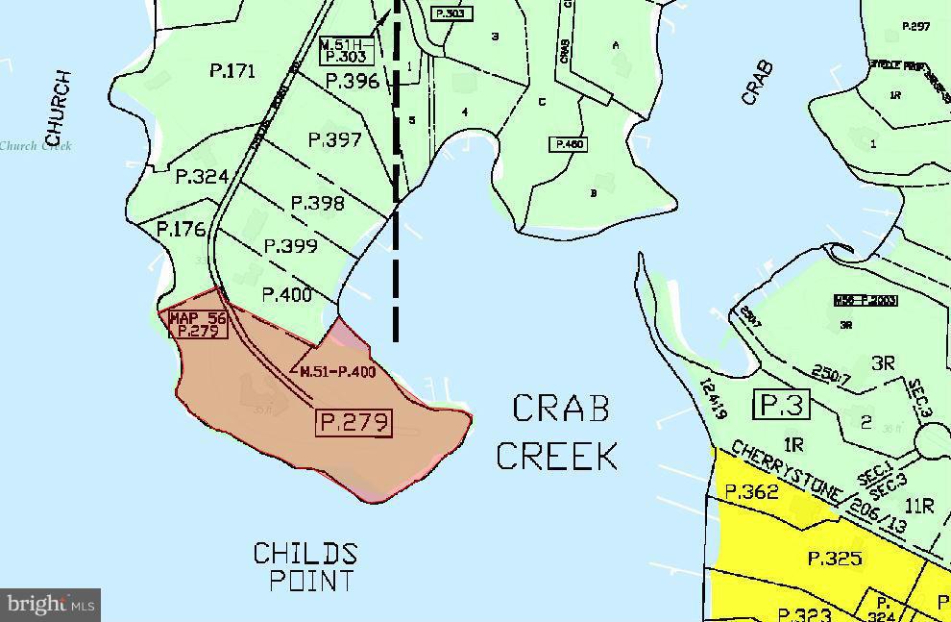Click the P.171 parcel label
(x=232, y=70)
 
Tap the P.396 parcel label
(x=353, y=82)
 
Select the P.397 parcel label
(x=335, y=140)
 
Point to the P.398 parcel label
(x=317, y=203)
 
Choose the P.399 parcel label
(x=290, y=246)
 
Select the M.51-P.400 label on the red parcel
(x=337, y=372)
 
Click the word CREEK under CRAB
(x=556, y=456)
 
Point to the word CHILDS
(x=305, y=554)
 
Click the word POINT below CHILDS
(x=311, y=581)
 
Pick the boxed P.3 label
(x=781, y=406)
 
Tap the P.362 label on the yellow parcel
(x=752, y=491)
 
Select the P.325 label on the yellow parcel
(x=834, y=559)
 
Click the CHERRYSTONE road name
(x=786, y=472)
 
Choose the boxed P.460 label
(x=567, y=144)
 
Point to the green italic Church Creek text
(x=36, y=146)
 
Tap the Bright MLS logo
(x=50, y=605)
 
